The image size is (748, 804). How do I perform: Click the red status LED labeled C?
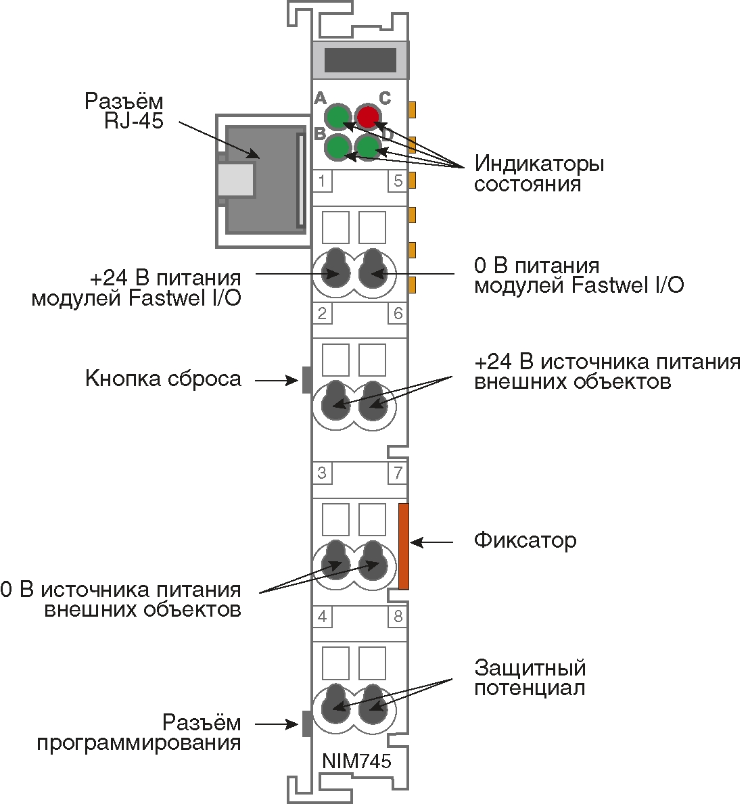(367, 117)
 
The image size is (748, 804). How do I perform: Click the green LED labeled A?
(337, 117)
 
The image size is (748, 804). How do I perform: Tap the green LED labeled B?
(337, 147)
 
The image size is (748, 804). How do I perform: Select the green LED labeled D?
(367, 147)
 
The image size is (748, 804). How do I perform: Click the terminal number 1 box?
(323, 181)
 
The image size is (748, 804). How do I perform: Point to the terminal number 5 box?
(398, 181)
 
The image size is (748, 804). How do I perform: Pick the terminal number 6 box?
(398, 313)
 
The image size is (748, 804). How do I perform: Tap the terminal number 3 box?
(323, 473)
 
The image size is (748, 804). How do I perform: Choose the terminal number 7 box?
(398, 473)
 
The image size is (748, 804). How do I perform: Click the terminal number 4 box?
(323, 616)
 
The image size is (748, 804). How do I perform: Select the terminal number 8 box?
(398, 616)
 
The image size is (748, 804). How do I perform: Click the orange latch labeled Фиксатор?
(404, 546)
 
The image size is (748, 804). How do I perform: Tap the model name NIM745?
(356, 761)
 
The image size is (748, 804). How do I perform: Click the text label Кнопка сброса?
(163, 379)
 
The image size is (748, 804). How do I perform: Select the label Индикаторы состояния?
(538, 174)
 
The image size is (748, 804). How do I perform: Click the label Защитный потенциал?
(530, 678)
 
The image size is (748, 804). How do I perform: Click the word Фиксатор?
(525, 541)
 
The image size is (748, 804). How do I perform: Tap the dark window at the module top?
(360, 60)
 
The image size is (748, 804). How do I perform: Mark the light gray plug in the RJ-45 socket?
(236, 180)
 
